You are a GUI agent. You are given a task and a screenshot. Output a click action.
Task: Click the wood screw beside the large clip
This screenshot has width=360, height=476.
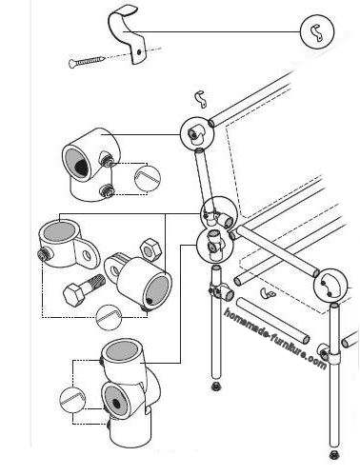point(88,61)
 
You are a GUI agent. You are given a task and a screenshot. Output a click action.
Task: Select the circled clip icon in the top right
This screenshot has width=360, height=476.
point(317,31)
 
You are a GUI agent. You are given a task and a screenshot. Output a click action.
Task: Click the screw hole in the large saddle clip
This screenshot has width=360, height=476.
point(139,51)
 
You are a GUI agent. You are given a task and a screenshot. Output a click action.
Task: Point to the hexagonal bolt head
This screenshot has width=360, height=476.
point(74,294)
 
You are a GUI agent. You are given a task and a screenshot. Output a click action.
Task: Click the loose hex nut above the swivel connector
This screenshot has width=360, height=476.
point(150,249)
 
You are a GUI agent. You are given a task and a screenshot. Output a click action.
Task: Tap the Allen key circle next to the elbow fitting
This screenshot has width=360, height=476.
point(148,178)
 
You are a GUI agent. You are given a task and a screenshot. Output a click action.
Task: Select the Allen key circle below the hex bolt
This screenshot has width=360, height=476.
point(109,317)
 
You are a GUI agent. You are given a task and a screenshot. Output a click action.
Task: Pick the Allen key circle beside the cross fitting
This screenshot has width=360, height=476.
point(72,400)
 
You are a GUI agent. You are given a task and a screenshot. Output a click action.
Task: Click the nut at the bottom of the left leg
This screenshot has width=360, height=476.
point(216,387)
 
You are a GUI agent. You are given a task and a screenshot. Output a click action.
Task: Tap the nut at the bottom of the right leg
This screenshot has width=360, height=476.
point(333,455)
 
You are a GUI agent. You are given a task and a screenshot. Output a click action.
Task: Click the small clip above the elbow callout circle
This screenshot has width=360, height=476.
point(200,99)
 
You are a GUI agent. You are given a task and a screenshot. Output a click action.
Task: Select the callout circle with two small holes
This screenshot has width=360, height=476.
point(330,286)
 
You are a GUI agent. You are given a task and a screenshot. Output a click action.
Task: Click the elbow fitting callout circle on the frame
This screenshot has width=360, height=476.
point(197,133)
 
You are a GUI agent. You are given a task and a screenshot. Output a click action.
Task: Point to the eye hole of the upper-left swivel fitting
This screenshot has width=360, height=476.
point(87,255)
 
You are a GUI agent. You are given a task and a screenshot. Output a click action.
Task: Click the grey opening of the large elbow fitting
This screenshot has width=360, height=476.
point(77,164)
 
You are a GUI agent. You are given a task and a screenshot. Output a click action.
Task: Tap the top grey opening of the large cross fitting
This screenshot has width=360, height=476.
point(122,351)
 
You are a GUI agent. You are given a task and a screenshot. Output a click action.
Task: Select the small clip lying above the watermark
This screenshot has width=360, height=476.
point(268,293)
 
